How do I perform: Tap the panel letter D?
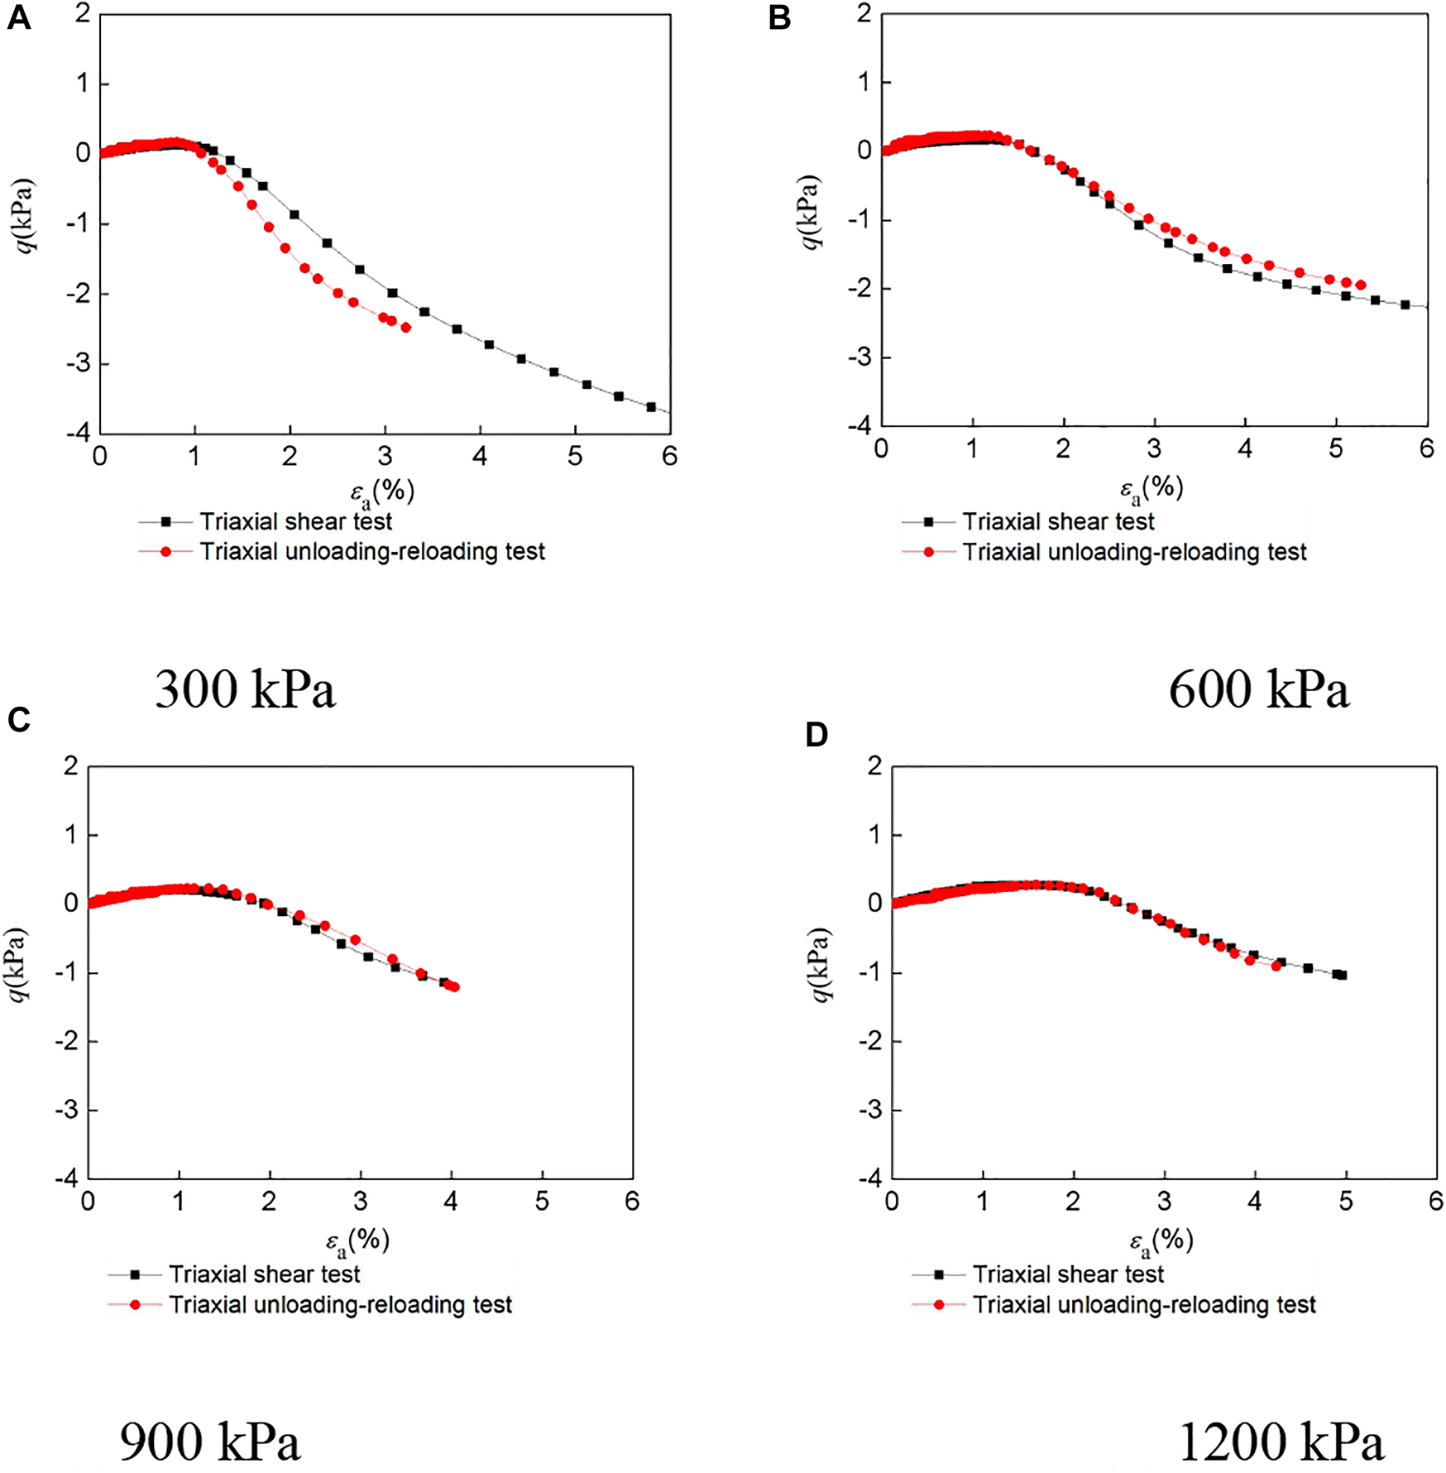click(816, 735)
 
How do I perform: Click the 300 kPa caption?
click(246, 689)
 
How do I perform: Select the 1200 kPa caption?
click(1281, 1442)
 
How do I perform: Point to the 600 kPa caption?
click(1259, 689)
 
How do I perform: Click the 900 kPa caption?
click(210, 1442)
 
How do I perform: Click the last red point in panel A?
click(405, 328)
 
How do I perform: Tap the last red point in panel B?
click(1361, 285)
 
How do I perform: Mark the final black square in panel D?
click(1342, 975)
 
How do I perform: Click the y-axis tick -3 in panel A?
click(82, 364)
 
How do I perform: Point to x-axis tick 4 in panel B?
click(1245, 449)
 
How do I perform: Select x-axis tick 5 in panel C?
click(542, 1202)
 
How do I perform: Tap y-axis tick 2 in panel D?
click(874, 766)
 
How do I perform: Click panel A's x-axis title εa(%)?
click(381, 492)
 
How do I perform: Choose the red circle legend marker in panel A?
click(165, 552)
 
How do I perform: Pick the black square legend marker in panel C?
click(135, 1274)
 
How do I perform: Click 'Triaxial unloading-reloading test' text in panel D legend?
click(1144, 1305)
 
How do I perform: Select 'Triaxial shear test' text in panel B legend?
click(1058, 522)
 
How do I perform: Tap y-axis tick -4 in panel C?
click(68, 1178)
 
